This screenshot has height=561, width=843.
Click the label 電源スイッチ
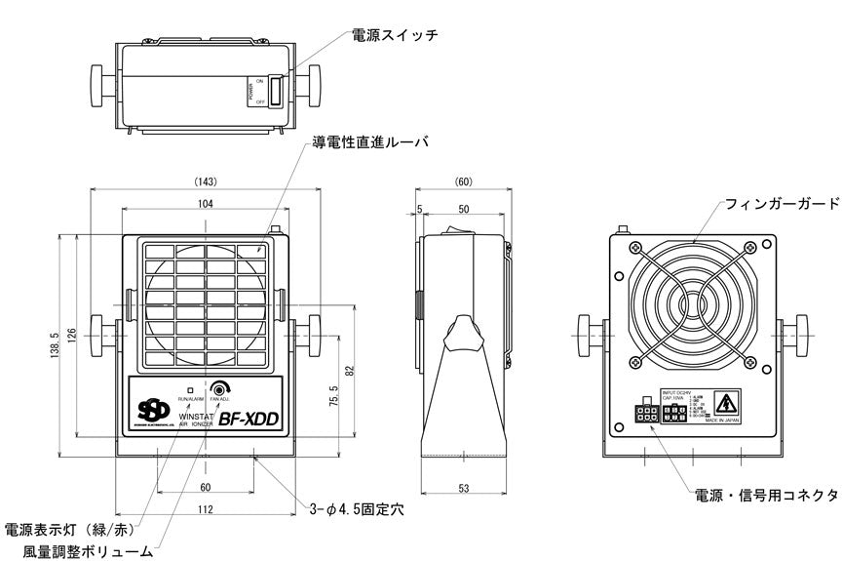click(x=394, y=36)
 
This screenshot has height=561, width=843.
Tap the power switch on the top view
click(x=275, y=91)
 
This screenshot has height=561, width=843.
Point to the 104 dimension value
click(x=205, y=203)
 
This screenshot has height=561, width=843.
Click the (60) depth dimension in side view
click(x=463, y=181)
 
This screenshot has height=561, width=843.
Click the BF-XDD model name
click(x=249, y=421)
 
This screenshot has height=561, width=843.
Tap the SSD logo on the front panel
click(x=151, y=411)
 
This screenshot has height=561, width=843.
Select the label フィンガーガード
click(x=782, y=204)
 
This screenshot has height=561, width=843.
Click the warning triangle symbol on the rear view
click(x=725, y=403)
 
